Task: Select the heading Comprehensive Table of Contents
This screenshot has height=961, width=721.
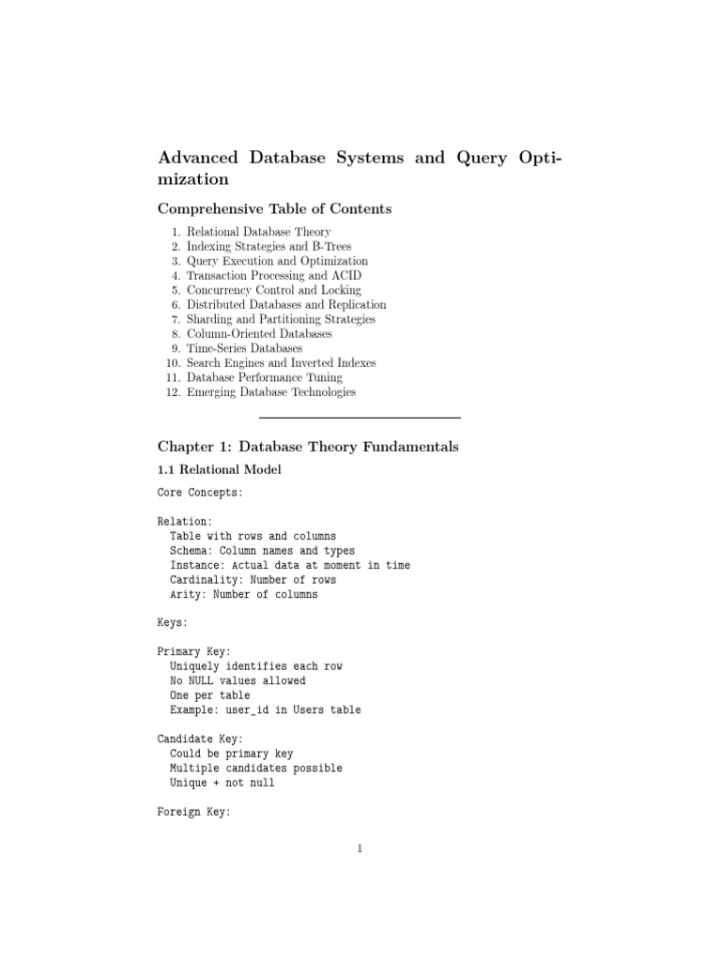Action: click(274, 208)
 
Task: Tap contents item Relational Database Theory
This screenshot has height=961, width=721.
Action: click(258, 231)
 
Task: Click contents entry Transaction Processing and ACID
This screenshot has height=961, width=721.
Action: click(273, 276)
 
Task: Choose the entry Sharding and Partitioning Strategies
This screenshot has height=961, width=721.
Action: click(280, 319)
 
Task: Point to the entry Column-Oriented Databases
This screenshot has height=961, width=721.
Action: click(258, 334)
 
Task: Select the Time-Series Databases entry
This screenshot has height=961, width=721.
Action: click(244, 348)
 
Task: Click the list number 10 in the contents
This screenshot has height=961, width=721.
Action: click(172, 363)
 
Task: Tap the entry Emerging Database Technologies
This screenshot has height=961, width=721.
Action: click(270, 392)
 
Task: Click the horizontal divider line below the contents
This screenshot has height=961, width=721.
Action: click(360, 417)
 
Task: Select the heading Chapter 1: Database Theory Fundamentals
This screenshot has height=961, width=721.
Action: click(308, 448)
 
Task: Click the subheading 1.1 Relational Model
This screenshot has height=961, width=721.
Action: click(219, 470)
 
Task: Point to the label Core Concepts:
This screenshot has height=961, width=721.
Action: click(201, 492)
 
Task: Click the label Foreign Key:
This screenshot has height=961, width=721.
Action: click(193, 812)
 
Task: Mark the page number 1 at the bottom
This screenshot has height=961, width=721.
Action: click(360, 850)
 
